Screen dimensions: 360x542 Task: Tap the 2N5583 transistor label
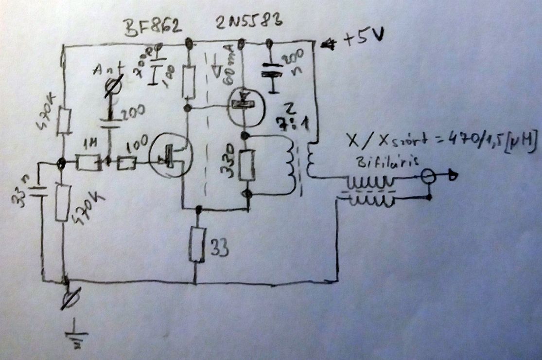pos(249,23)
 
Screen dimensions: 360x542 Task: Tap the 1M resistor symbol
pos(88,163)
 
